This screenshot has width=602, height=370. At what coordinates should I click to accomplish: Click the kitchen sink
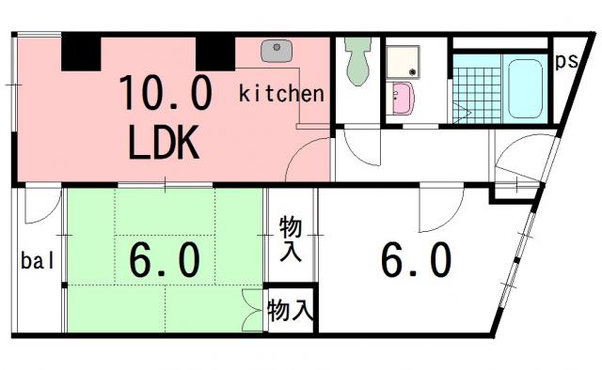[277, 51]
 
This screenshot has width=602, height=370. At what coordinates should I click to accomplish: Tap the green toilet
[357, 61]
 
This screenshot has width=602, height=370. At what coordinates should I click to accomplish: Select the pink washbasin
[401, 99]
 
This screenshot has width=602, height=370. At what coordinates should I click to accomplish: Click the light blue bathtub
[525, 88]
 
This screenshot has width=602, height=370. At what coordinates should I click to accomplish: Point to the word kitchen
[281, 94]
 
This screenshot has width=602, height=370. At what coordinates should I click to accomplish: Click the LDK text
[164, 142]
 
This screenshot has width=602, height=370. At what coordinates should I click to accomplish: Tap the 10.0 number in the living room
[166, 92]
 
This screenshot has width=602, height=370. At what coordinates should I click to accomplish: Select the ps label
[566, 61]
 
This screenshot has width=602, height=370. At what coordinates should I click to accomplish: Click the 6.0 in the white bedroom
[416, 259]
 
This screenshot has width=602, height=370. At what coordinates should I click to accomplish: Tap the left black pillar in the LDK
[81, 54]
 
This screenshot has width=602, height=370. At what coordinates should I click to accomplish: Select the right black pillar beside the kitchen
[215, 54]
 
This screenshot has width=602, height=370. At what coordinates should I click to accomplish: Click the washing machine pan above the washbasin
[403, 62]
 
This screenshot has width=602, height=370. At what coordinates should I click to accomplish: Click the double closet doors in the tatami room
[253, 311]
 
